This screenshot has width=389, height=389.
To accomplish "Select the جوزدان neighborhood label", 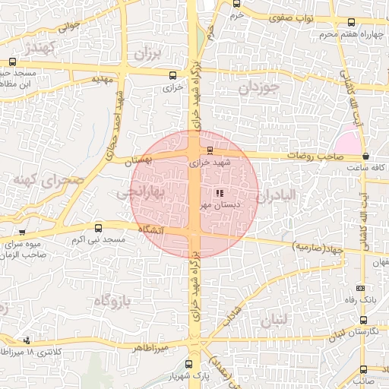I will point(259,87).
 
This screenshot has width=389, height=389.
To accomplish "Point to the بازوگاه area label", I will point(112,301).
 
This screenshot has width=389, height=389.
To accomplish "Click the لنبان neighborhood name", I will point(274,321).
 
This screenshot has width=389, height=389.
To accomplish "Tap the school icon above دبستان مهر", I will point(220,193).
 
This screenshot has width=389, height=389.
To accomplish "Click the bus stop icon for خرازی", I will point(172,75).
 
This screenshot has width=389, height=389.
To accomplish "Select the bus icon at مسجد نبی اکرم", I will point(98,228).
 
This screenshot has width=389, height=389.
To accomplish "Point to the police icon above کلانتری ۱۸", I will point(27,340).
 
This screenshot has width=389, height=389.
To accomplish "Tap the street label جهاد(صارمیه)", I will point(319,247).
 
